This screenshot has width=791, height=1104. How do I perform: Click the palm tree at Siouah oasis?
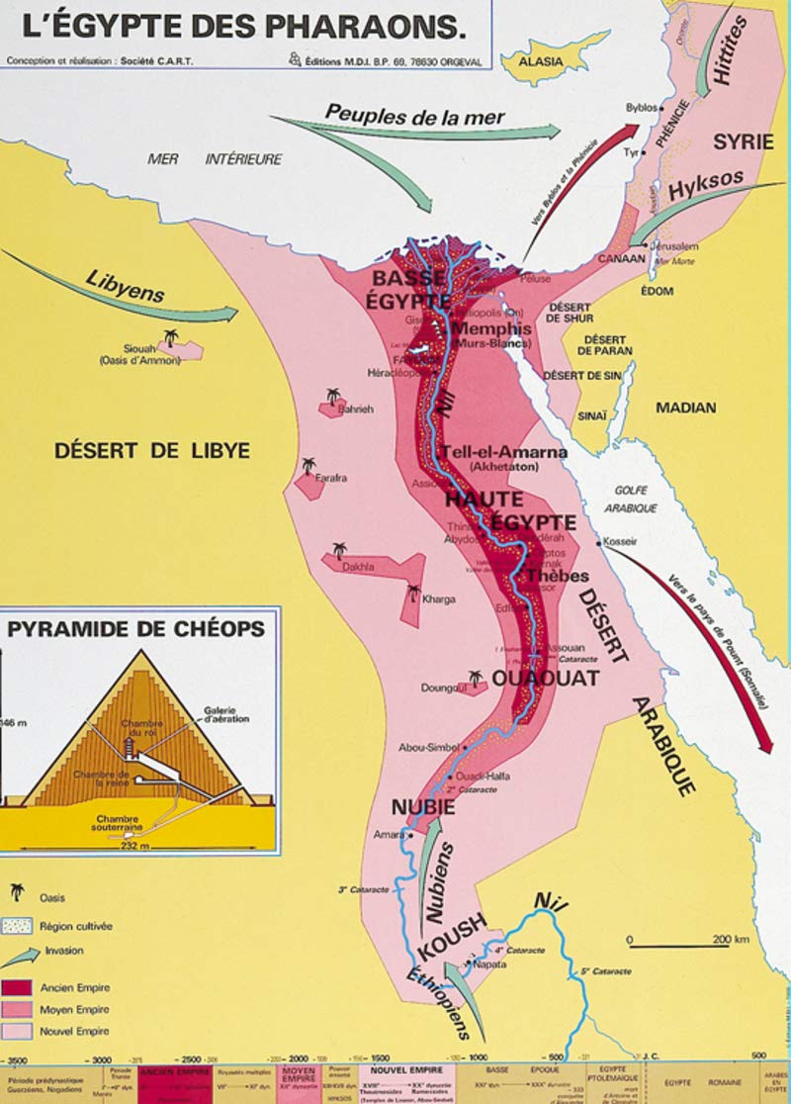pyautogui.click(x=171, y=338)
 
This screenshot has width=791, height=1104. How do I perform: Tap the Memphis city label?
pyautogui.click(x=491, y=329)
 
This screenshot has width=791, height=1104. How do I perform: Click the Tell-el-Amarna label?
pyautogui.click(x=504, y=452)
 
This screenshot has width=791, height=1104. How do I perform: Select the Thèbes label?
pyautogui.click(x=558, y=576)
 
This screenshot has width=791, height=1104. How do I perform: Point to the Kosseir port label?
pyautogui.click(x=624, y=542)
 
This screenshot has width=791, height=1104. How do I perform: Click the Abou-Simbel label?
pyautogui.click(x=426, y=748)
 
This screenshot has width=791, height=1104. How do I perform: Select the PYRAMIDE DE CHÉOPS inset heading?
pyautogui.click(x=136, y=628)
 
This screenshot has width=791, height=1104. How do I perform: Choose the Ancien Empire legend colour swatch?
pyautogui.click(x=18, y=987)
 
